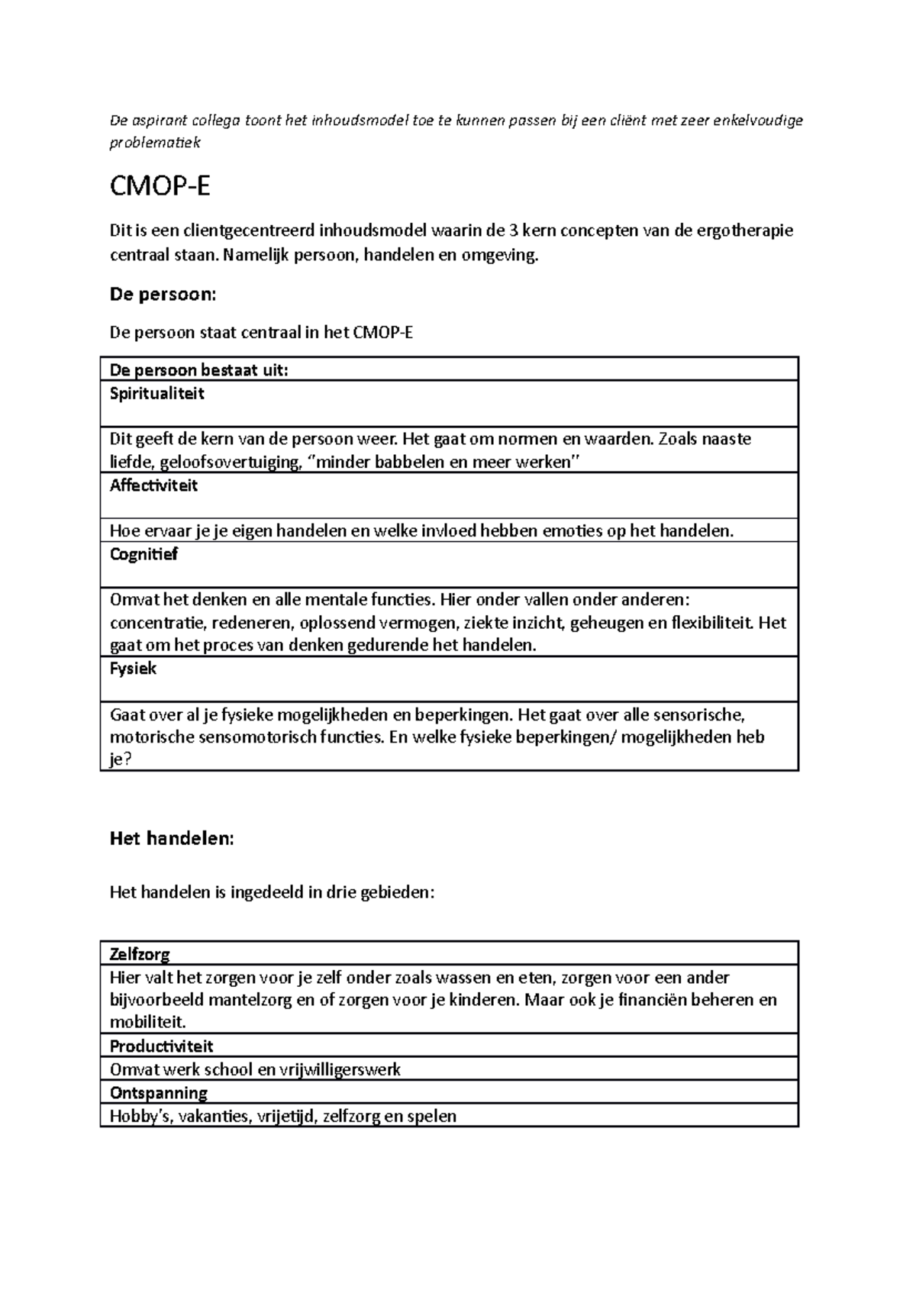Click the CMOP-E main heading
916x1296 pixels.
coord(160,187)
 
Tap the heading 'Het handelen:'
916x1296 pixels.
coord(172,838)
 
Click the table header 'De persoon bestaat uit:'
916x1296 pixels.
coord(199,371)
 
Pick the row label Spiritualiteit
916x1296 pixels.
coord(157,394)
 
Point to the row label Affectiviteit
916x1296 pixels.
coord(153,485)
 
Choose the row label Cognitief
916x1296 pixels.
coord(144,554)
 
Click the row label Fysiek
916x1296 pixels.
coord(134,669)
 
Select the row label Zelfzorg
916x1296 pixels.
coord(140,954)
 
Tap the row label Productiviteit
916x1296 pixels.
coord(162,1046)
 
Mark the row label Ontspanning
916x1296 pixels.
coord(159,1092)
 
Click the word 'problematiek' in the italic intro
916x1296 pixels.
coord(155,143)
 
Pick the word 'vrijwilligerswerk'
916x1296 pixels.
coord(340,1069)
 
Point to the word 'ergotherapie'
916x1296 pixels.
coord(745,231)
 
